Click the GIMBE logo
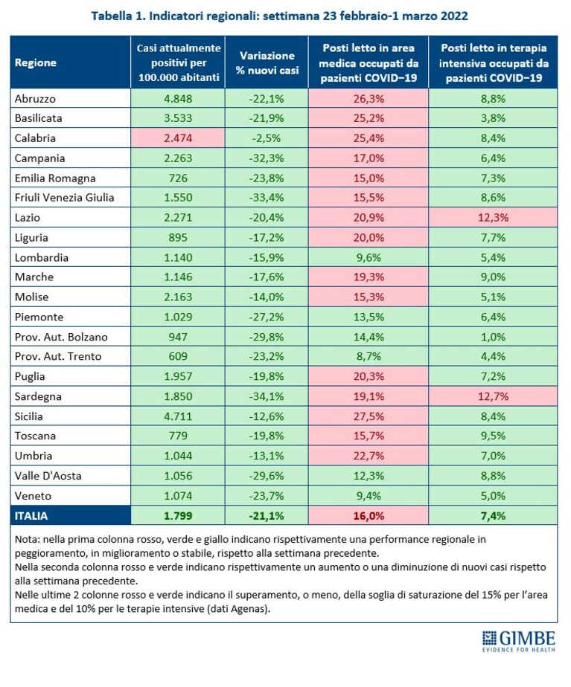coord(518,642)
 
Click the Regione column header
coord(36,62)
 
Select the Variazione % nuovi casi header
coord(267,62)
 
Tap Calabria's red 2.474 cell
coord(178,138)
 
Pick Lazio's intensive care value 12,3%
coord(493,217)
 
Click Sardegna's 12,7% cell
coord(493,396)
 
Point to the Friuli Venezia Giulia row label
coord(65,198)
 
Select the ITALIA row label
coord(31,516)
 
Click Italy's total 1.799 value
coord(178,516)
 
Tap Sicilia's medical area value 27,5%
coord(369,416)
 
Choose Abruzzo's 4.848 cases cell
coord(178,99)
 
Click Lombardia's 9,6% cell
coord(369,257)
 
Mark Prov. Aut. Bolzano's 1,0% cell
coord(493,337)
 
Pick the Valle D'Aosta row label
coord(48,476)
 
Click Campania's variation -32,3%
coord(267,158)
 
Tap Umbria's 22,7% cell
coord(369,456)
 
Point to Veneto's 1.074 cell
coord(178,495)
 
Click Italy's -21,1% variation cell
coord(267,516)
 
